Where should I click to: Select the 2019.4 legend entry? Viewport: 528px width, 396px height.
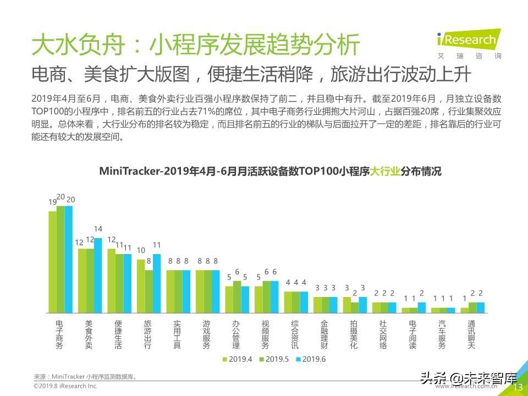[x=237, y=359]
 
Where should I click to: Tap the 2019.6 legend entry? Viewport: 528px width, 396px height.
[x=311, y=359]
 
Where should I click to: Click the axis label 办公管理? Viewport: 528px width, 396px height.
[x=235, y=334]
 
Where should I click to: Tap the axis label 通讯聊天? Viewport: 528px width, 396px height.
[x=471, y=334]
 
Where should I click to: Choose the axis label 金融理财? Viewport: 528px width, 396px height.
[x=324, y=334]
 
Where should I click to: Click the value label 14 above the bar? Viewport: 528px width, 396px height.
[x=98, y=229]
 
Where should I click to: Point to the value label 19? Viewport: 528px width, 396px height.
[x=53, y=202]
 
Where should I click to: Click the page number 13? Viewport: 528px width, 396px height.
[x=518, y=388]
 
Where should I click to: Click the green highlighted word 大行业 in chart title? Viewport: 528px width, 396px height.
[x=384, y=171]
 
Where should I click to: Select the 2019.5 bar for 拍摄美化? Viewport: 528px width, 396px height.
[x=355, y=307]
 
